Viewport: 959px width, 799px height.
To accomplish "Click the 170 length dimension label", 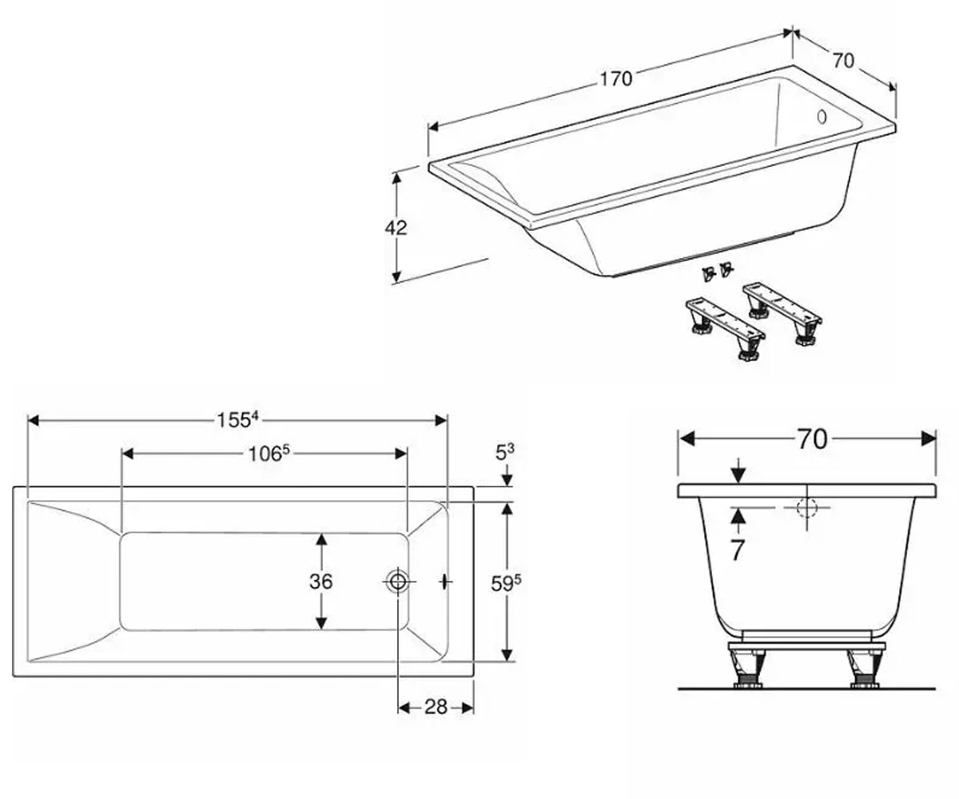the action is pyautogui.click(x=616, y=79).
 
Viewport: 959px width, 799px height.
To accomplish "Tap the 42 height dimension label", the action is pyautogui.click(x=396, y=228).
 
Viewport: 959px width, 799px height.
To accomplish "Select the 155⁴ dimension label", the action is pyautogui.click(x=238, y=419).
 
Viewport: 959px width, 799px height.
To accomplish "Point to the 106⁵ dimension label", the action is pyautogui.click(x=269, y=454).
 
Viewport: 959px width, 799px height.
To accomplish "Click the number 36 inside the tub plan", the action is pyautogui.click(x=320, y=582).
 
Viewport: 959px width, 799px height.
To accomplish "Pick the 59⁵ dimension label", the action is pyautogui.click(x=506, y=583).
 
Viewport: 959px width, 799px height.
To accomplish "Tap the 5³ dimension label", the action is pyautogui.click(x=505, y=453).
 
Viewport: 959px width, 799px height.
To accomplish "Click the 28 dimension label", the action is pyautogui.click(x=436, y=706).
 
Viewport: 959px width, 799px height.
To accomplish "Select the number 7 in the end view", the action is pyautogui.click(x=737, y=550).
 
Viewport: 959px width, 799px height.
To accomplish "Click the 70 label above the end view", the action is pyautogui.click(x=812, y=439).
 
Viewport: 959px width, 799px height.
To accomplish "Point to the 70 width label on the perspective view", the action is pyautogui.click(x=843, y=61).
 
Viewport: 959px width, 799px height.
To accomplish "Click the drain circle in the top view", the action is pyautogui.click(x=398, y=582).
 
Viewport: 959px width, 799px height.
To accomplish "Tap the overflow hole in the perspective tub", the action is pyautogui.click(x=822, y=117).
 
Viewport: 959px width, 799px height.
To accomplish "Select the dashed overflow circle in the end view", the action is pyautogui.click(x=807, y=508).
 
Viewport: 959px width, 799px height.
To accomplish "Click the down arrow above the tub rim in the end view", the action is pyautogui.click(x=738, y=471).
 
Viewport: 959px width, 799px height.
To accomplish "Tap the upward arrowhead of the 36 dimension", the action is pyautogui.click(x=321, y=539).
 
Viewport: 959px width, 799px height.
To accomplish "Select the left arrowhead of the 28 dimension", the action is pyautogui.click(x=404, y=708).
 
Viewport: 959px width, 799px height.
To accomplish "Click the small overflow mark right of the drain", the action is pyautogui.click(x=444, y=582).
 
